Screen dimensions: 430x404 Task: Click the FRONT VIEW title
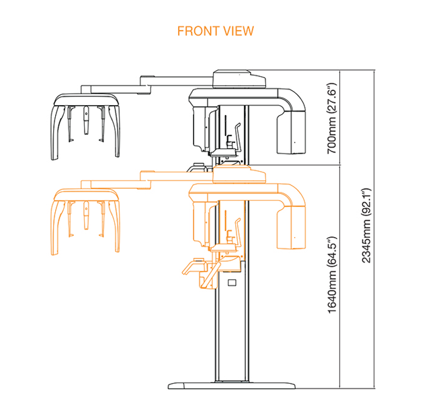point(216,31)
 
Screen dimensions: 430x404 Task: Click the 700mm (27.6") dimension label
point(331,119)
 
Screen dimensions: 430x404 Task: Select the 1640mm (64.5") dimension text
point(331,275)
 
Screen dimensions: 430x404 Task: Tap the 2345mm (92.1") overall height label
point(366,226)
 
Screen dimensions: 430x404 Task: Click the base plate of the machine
point(232,385)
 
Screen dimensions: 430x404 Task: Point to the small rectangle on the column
point(232,282)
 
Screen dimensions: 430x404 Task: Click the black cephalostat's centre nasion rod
point(86,120)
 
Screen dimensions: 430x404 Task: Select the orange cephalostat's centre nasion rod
point(86,215)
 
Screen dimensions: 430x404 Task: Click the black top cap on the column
point(239,79)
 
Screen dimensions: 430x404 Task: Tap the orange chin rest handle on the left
point(193,267)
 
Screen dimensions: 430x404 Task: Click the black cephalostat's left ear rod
point(70,124)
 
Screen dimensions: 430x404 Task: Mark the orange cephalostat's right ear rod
point(101,218)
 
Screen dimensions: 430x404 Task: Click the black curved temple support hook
point(237,137)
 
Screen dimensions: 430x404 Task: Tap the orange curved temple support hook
point(237,232)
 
